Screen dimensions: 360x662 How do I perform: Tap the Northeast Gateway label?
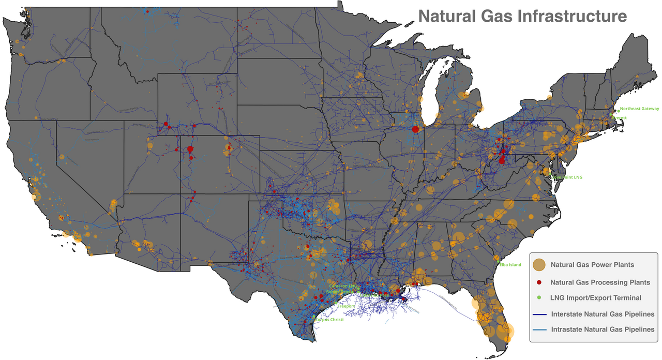pyautogui.click(x=640, y=109)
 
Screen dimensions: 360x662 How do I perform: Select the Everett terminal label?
pyautogui.click(x=619, y=117)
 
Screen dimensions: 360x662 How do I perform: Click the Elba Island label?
pyautogui.click(x=510, y=265)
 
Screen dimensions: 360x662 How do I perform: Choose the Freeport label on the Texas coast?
pyautogui.click(x=346, y=306)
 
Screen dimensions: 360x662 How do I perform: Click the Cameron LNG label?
pyautogui.click(x=343, y=286)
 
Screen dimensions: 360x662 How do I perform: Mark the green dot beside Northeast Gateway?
pyautogui.click(x=618, y=111)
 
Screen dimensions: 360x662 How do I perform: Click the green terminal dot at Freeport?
pyautogui.click(x=336, y=303)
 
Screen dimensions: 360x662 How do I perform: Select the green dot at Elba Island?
pyautogui.click(x=498, y=263)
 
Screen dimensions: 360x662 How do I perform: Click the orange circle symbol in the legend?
pyautogui.click(x=539, y=265)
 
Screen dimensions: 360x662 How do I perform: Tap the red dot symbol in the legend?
pyautogui.click(x=539, y=282)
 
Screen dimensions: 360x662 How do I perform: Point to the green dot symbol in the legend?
pyautogui.click(x=539, y=298)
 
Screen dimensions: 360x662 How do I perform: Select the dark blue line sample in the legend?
pyautogui.click(x=539, y=314)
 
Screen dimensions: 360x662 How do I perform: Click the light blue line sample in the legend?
pyautogui.click(x=539, y=329)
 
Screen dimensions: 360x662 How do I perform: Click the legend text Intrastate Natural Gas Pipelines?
pyautogui.click(x=603, y=329)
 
